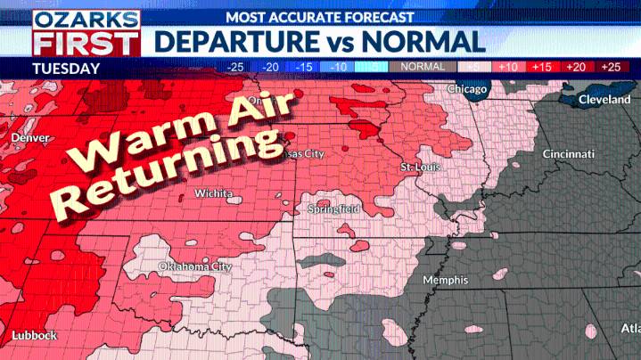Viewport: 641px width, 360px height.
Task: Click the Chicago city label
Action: tap(467, 89)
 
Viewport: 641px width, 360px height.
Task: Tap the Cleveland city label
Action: tap(604, 100)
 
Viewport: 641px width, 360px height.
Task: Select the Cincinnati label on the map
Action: tap(569, 154)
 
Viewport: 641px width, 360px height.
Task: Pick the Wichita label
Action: tap(214, 193)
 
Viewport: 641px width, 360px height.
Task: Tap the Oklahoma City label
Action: tap(195, 266)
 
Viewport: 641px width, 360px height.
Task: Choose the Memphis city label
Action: tap(445, 280)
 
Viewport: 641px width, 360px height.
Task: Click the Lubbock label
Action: tap(34, 335)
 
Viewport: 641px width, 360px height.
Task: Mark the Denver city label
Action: tap(31, 138)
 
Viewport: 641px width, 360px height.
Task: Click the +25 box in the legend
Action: tap(611, 67)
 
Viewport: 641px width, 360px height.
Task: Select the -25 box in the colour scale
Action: tap(235, 67)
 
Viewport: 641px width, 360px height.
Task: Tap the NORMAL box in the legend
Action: tap(423, 67)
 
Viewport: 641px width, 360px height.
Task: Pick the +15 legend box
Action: tap(541, 67)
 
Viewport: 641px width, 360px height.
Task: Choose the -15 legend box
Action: tap(305, 67)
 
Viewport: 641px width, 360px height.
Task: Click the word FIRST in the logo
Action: tap(86, 42)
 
